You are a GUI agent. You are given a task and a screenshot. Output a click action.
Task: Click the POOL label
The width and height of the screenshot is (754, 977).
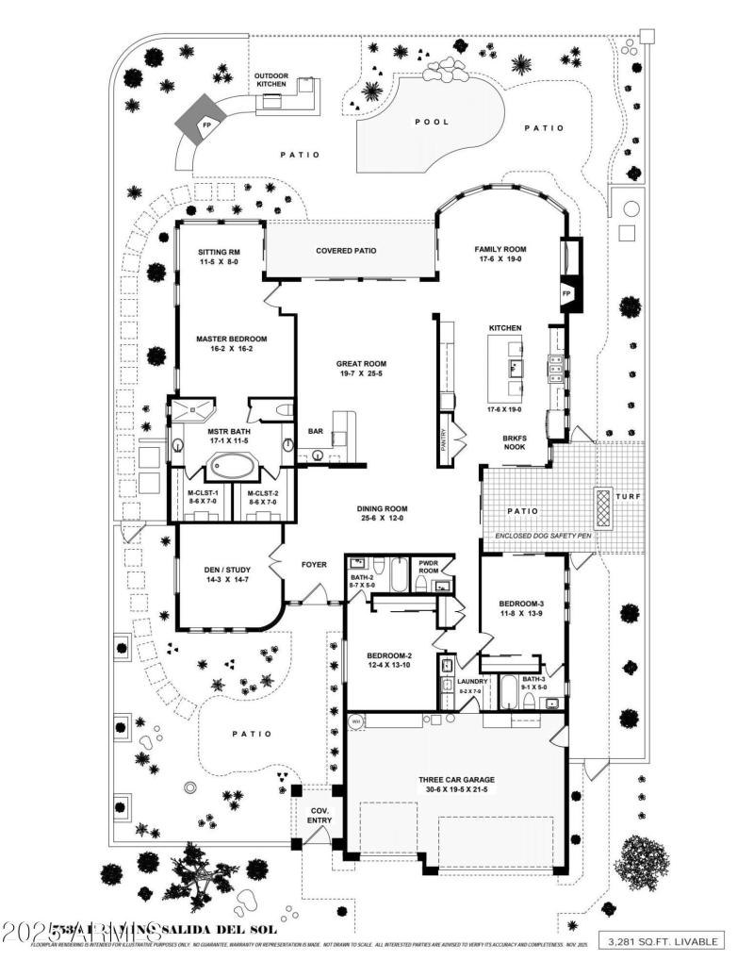[432, 122]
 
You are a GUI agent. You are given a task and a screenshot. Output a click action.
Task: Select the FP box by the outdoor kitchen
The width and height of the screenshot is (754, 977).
[205, 124]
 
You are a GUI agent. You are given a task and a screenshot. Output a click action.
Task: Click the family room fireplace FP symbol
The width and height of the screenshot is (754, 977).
[567, 293]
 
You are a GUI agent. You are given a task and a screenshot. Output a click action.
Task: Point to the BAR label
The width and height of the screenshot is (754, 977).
[316, 432]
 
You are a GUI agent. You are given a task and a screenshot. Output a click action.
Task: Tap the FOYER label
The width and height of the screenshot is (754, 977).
[313, 565]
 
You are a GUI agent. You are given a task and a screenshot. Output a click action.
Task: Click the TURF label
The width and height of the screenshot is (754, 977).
[629, 496]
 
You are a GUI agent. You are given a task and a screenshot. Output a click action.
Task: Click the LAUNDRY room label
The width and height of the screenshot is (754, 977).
[472, 681]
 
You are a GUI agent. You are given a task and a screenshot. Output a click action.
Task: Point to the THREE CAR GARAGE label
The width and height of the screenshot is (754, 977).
[457, 779]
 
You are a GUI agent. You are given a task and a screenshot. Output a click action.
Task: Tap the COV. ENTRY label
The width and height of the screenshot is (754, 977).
[320, 815]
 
